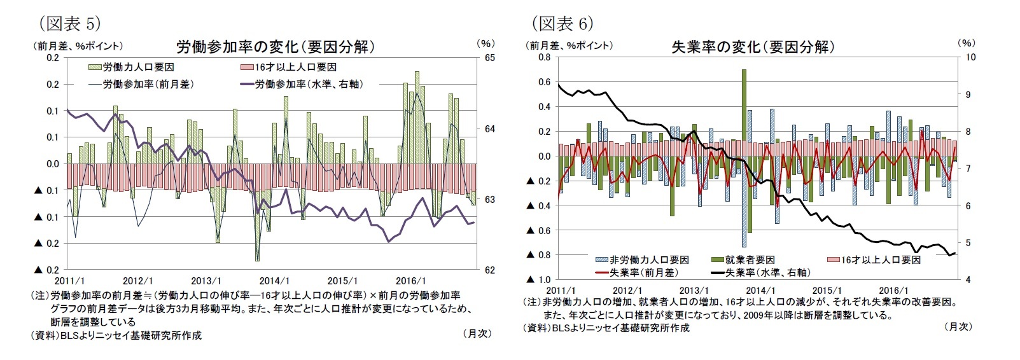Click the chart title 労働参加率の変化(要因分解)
click(x=275, y=46)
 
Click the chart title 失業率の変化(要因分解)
click(x=753, y=46)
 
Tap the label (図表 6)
click(x=562, y=24)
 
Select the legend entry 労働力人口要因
click(x=138, y=67)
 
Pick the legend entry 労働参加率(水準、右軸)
click(x=308, y=84)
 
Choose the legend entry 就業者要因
click(x=750, y=260)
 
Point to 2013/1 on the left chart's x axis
click(x=206, y=280)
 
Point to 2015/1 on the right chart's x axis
click(x=827, y=290)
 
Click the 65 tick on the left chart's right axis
click(x=489, y=58)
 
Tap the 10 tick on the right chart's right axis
click(x=970, y=57)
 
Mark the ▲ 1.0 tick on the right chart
click(x=539, y=280)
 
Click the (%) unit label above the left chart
click(x=485, y=43)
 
